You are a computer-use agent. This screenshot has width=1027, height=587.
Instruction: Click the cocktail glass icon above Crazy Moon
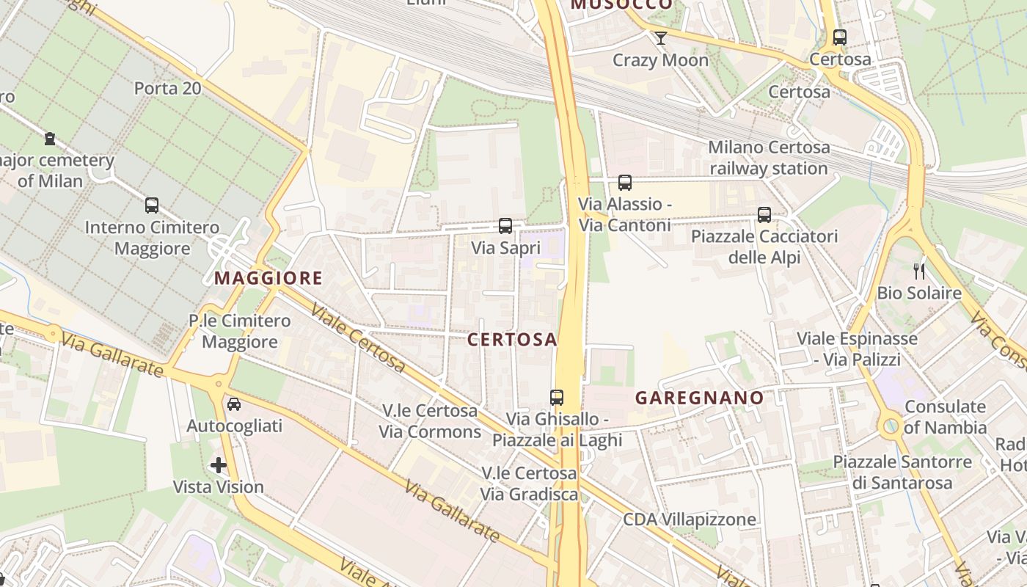point(661,37)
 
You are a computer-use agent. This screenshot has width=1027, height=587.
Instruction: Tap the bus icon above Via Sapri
point(505,225)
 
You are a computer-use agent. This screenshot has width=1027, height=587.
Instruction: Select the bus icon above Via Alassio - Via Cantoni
point(625,182)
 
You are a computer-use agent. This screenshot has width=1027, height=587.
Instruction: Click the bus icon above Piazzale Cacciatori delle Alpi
point(764,214)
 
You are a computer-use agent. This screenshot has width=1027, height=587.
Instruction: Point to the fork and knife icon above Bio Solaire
point(919,271)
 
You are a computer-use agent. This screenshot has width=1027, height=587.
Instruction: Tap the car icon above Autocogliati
point(234,404)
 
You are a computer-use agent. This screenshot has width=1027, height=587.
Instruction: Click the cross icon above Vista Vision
point(219,464)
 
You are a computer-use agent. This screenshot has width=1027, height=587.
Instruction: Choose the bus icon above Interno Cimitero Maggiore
point(152,205)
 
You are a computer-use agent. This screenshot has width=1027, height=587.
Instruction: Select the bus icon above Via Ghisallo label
point(557,397)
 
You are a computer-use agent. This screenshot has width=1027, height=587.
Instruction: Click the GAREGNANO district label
point(699,398)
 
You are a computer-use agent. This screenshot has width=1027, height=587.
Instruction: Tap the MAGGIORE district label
point(268,277)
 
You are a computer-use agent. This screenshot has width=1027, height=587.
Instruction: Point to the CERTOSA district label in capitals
point(512,339)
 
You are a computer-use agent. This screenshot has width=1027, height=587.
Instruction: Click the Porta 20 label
point(167,88)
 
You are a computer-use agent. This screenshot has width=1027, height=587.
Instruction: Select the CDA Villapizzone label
point(690,519)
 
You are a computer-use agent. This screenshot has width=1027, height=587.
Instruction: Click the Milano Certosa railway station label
point(769,158)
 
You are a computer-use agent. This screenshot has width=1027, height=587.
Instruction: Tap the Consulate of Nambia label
point(945,417)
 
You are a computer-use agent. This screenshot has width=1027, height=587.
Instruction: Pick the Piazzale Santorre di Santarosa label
point(902,473)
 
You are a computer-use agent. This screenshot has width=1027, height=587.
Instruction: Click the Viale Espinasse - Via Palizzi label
point(857,349)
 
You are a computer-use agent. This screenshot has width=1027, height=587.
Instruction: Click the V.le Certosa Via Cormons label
point(430,420)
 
